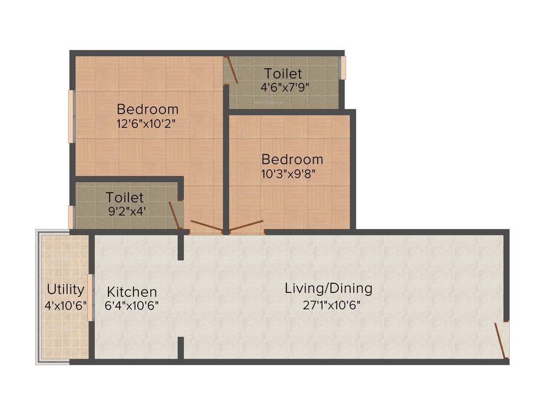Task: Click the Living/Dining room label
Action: click(328, 289)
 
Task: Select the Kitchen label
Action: click(132, 292)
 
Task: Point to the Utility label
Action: click(65, 289)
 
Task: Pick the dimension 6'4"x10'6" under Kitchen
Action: click(132, 306)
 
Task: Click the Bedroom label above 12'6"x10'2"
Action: click(147, 109)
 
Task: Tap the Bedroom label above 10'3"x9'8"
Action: click(292, 159)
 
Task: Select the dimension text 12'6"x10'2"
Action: click(147, 124)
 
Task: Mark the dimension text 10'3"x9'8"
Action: click(292, 174)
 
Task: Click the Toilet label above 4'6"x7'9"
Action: click(283, 74)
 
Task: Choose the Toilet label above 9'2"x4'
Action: click(124, 198)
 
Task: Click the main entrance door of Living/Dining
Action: click(500, 340)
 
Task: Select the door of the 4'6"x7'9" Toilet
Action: click(232, 70)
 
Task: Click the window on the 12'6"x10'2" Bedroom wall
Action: click(71, 116)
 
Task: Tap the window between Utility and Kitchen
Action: click(90, 297)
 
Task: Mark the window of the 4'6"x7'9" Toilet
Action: click(343, 68)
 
